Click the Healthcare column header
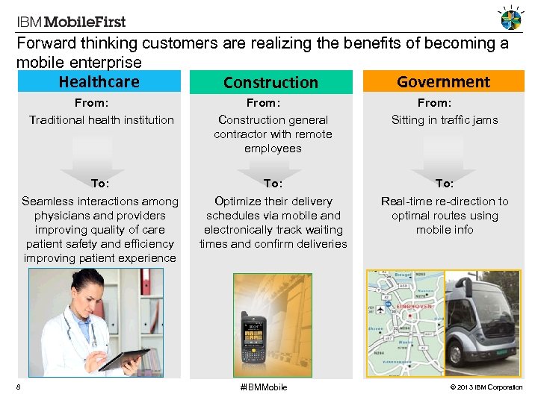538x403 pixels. (99, 81)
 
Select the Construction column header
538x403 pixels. (270, 82)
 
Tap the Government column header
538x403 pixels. (443, 81)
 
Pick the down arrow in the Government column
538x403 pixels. (445, 157)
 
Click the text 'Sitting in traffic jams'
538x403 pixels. (445, 119)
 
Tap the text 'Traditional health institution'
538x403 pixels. (101, 119)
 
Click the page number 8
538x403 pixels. (18, 387)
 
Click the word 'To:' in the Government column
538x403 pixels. (445, 183)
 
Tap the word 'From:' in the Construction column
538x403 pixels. (262, 103)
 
